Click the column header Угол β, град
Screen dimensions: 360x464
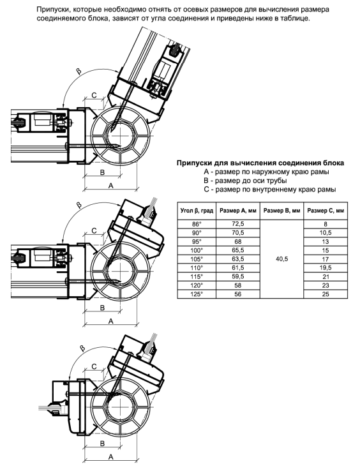point(197,211)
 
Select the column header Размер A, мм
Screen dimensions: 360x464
point(237,211)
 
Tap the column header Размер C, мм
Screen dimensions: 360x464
point(326,211)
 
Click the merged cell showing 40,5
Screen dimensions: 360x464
point(281,259)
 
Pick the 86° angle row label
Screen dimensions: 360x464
point(197,224)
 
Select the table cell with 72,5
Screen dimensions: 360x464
point(237,224)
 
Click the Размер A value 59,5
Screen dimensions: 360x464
point(237,276)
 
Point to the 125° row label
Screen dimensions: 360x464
point(197,294)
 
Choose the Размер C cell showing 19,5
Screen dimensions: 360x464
point(326,268)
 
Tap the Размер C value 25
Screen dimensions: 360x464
point(326,294)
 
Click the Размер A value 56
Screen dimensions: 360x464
point(237,294)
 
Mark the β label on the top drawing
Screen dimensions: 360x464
point(79,71)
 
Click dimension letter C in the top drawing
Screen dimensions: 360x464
point(94,95)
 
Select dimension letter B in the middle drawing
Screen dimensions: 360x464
point(102,308)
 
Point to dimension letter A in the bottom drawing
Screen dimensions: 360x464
point(110,457)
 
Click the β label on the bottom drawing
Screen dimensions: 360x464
point(82,348)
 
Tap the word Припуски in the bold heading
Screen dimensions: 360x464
point(192,163)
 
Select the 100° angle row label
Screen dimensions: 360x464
point(197,250)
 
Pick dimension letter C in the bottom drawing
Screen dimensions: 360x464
point(94,366)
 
